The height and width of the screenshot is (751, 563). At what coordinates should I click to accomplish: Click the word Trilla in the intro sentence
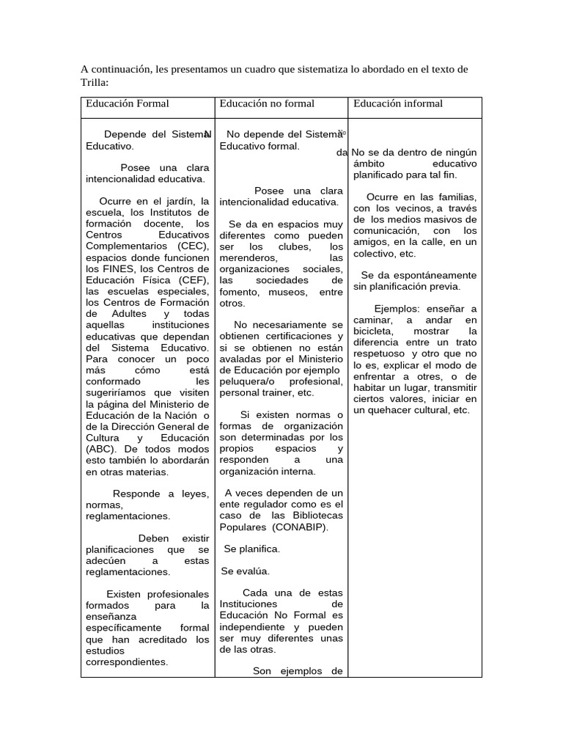(x=94, y=83)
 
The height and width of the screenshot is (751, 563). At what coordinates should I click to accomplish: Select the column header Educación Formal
(x=127, y=103)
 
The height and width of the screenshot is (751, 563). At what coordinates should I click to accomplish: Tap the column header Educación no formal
(x=267, y=103)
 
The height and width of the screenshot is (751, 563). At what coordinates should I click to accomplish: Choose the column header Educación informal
(x=398, y=103)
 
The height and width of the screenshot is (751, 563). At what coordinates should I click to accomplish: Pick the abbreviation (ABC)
(x=100, y=449)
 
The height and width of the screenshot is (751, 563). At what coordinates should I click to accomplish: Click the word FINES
(x=117, y=268)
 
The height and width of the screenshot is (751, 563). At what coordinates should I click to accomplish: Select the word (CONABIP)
(x=300, y=527)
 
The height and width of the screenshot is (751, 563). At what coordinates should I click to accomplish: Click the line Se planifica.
(x=251, y=549)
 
